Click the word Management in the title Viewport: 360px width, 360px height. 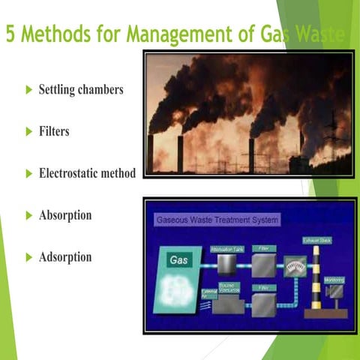[x=173, y=34]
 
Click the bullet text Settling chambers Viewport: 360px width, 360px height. [x=81, y=90]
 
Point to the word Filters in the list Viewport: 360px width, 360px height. [x=54, y=131]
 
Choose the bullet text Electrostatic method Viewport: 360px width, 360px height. [x=87, y=173]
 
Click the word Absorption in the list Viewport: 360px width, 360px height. [x=65, y=215]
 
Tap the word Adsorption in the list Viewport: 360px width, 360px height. [x=65, y=257]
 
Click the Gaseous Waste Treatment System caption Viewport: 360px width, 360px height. [x=217, y=220]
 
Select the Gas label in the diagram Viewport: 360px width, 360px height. [x=178, y=260]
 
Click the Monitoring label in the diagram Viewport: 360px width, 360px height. [x=334, y=280]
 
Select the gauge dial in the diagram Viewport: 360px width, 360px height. [x=293, y=265]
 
